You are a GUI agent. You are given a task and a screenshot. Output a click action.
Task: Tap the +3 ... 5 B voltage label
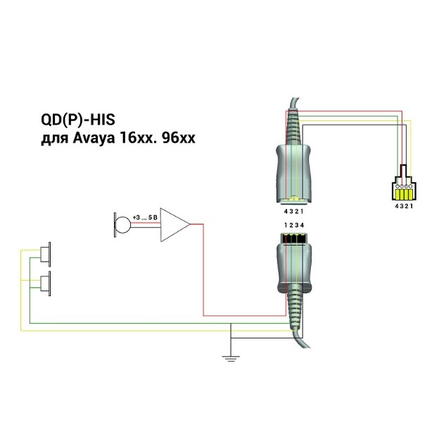pyautogui.click(x=145, y=219)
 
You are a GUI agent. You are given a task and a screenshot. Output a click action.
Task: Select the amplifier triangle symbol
pyautogui.click(x=173, y=224)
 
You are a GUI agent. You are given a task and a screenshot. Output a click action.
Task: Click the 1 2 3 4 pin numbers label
pyautogui.click(x=295, y=224)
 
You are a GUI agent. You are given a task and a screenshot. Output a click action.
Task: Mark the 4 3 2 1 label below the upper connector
pyautogui.click(x=295, y=211)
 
